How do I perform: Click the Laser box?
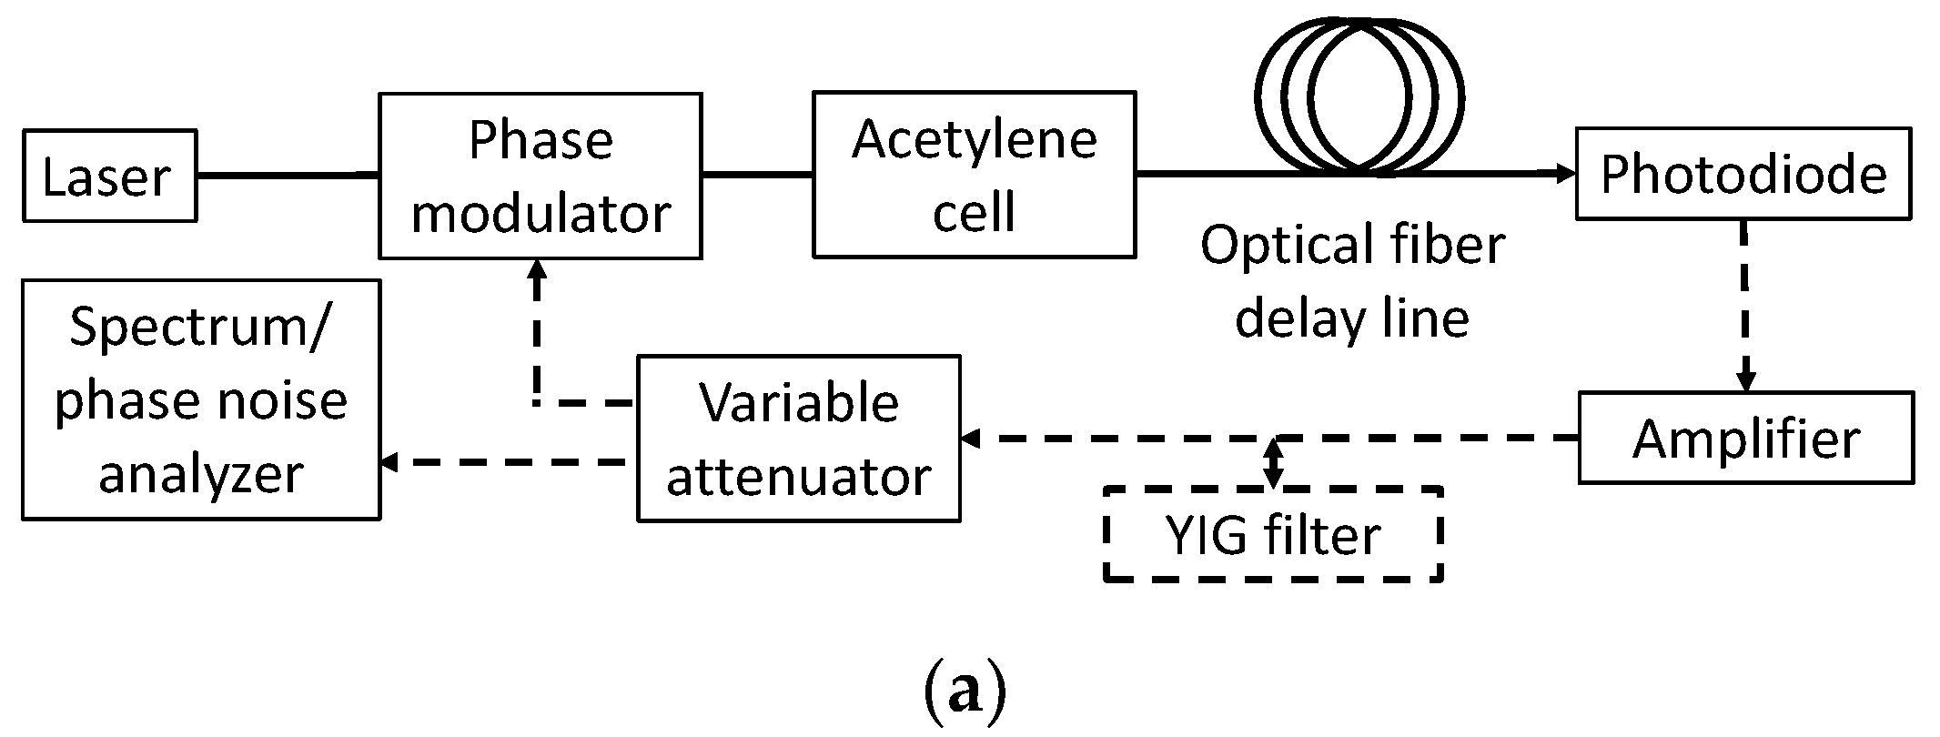pos(109,176)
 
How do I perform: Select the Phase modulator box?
pos(540,176)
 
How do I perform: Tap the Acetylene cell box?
pos(974,175)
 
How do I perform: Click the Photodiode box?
pos(1743,174)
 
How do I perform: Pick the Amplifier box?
pos(1745,438)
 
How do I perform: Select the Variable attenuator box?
pos(798,439)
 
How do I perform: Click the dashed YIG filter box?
pos(1273,535)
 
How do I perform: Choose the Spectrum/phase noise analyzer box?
pos(200,400)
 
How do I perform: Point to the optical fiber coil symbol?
pos(1359,91)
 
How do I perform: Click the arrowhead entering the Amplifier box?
pos(1744,382)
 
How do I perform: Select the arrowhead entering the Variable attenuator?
pos(970,439)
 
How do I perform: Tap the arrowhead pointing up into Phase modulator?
pos(537,268)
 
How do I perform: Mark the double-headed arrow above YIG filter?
pos(1274,462)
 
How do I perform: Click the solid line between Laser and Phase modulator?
pos(287,175)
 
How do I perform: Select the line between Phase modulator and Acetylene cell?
pos(756,173)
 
